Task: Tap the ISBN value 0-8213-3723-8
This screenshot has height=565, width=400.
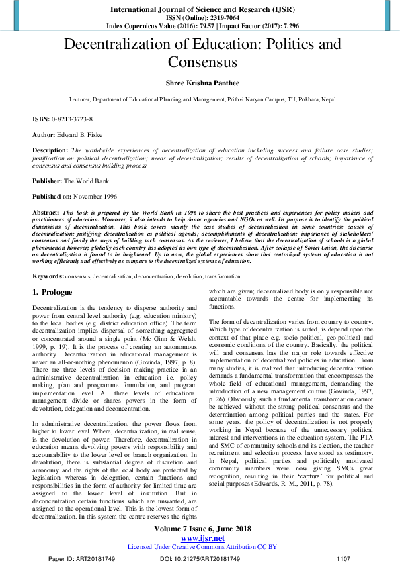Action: pos(73,119)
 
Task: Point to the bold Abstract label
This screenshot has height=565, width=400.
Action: pos(46,212)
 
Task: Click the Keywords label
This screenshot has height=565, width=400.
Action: pos(48,276)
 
